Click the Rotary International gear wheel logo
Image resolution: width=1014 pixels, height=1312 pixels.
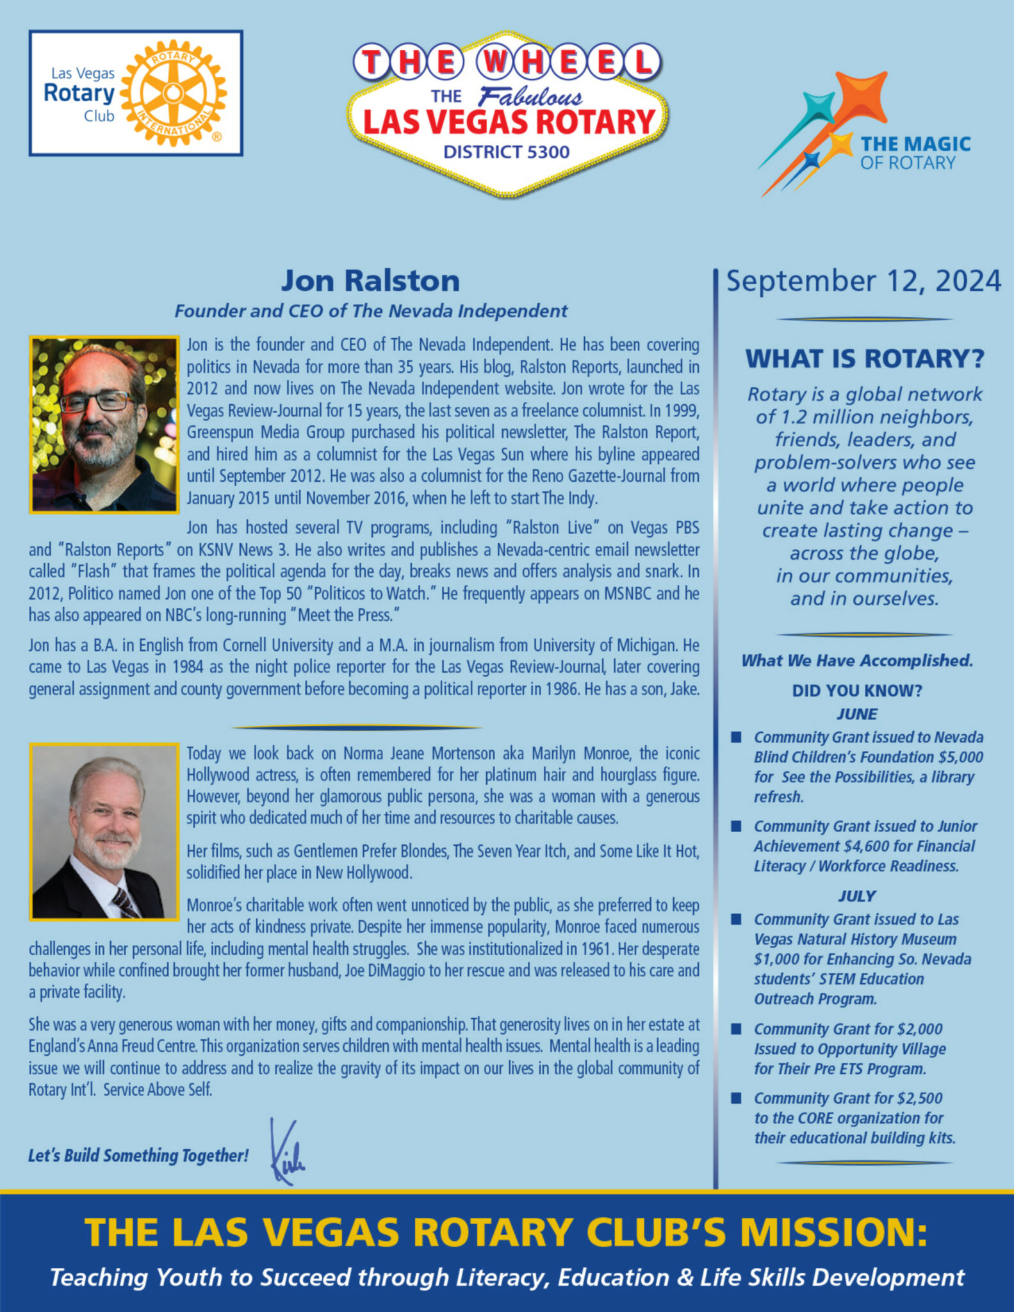click(x=173, y=94)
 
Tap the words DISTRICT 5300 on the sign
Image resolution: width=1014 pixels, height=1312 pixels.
click(x=506, y=152)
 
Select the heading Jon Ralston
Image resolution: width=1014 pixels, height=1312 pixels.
click(x=370, y=281)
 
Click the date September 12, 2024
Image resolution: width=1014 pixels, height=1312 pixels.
click(x=863, y=281)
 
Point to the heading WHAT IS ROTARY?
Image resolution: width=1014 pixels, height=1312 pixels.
click(x=864, y=359)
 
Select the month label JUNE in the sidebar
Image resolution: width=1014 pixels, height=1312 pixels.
click(x=857, y=714)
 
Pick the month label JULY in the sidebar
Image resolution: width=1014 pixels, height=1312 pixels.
click(x=857, y=896)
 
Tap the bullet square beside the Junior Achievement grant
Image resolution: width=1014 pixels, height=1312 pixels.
click(x=737, y=826)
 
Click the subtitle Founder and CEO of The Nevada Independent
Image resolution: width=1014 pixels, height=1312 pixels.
click(x=370, y=311)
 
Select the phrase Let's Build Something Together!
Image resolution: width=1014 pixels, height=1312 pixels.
click(x=138, y=1155)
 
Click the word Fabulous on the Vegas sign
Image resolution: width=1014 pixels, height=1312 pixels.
click(x=530, y=97)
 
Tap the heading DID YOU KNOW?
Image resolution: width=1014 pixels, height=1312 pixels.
click(x=857, y=691)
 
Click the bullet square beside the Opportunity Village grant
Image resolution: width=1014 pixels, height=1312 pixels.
click(x=737, y=1029)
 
